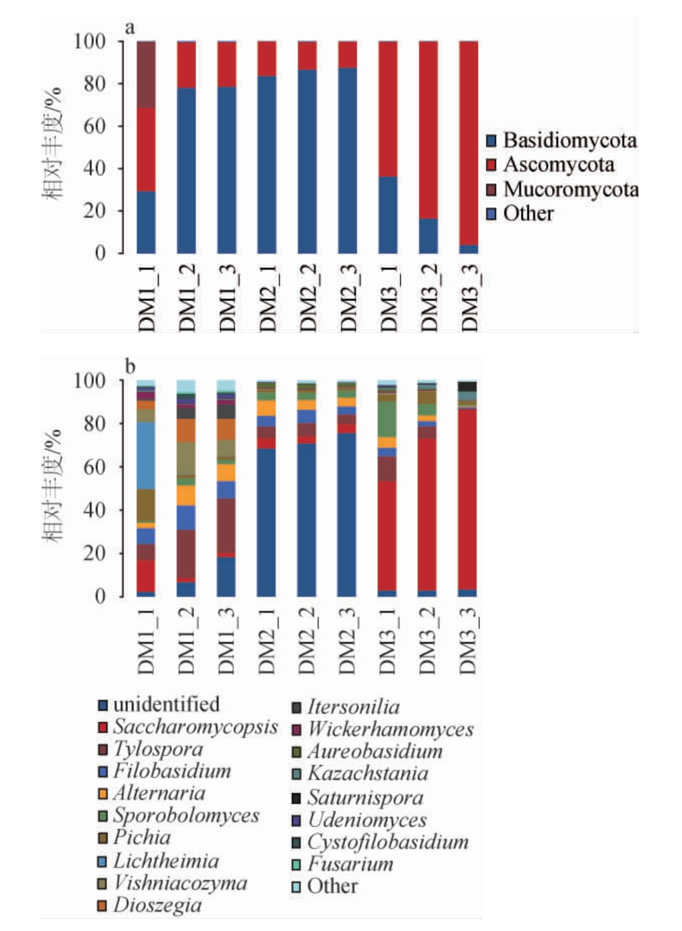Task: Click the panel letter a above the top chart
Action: pos(130,28)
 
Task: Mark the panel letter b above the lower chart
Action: pos(130,366)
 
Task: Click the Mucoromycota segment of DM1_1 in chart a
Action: pos(146,74)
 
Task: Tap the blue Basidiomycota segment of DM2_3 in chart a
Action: pos(347,160)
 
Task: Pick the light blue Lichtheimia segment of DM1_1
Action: pos(146,455)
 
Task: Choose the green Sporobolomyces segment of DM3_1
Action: pos(387,419)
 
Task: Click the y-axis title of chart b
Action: pos(53,487)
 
